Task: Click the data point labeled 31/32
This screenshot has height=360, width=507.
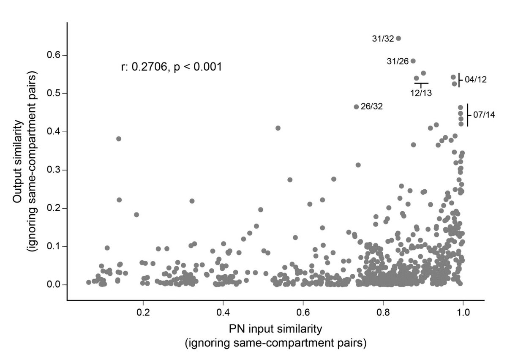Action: click(x=398, y=38)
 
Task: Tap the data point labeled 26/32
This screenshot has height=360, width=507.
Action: click(x=356, y=107)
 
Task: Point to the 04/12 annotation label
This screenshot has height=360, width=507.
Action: click(x=476, y=79)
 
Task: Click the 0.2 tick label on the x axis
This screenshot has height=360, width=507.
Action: click(x=143, y=316)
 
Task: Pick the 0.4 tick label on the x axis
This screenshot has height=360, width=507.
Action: click(x=223, y=316)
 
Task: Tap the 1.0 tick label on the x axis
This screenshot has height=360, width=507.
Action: click(x=463, y=316)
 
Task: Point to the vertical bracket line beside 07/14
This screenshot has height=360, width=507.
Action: click(x=467, y=115)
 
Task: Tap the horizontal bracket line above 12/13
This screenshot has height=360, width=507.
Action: click(x=421, y=83)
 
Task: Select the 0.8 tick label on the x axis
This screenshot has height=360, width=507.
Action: click(x=383, y=316)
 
